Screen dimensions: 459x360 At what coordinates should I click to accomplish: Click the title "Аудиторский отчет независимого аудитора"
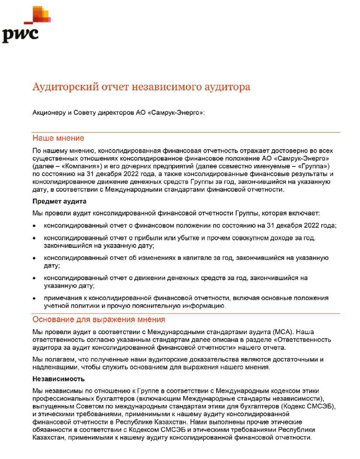(x=141, y=87)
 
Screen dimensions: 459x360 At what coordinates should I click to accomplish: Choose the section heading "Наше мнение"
(x=58, y=138)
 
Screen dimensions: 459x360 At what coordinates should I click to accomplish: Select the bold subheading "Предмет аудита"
(x=59, y=201)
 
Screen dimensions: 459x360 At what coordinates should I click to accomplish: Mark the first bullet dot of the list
(x=34, y=226)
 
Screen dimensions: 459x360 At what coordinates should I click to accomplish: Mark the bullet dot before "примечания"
(x=34, y=298)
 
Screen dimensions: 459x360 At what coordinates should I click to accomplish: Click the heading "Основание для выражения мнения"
(x=99, y=320)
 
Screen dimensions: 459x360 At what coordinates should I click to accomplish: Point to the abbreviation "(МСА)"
(x=283, y=332)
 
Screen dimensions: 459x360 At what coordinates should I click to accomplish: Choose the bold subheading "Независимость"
(x=58, y=379)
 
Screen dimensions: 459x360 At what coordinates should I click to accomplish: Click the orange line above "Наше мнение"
(x=186, y=132)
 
